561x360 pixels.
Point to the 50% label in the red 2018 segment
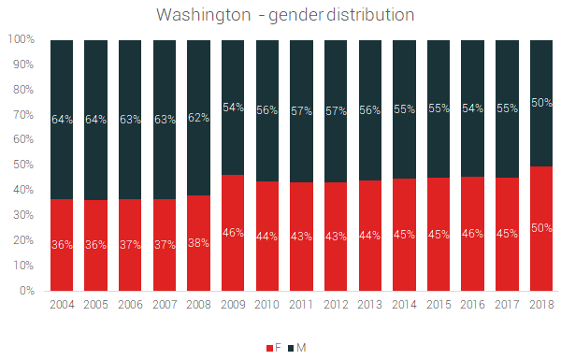[x=540, y=228]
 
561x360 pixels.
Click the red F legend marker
[x=268, y=348]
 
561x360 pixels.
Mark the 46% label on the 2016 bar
[x=472, y=233]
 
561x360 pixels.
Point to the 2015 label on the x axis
[x=439, y=304]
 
